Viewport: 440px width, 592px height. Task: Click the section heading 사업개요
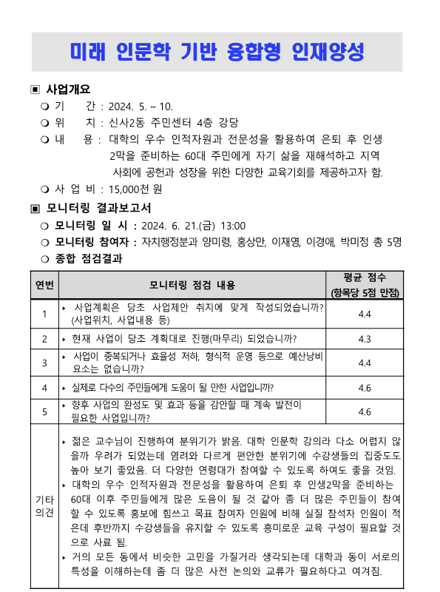click(69, 90)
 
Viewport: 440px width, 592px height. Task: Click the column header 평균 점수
click(365, 278)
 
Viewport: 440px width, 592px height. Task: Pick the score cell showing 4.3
click(365, 339)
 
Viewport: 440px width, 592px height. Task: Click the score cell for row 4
click(365, 387)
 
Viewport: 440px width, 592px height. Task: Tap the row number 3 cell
click(44, 363)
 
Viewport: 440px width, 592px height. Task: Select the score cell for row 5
click(365, 411)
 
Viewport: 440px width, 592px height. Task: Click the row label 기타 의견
click(44, 505)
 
